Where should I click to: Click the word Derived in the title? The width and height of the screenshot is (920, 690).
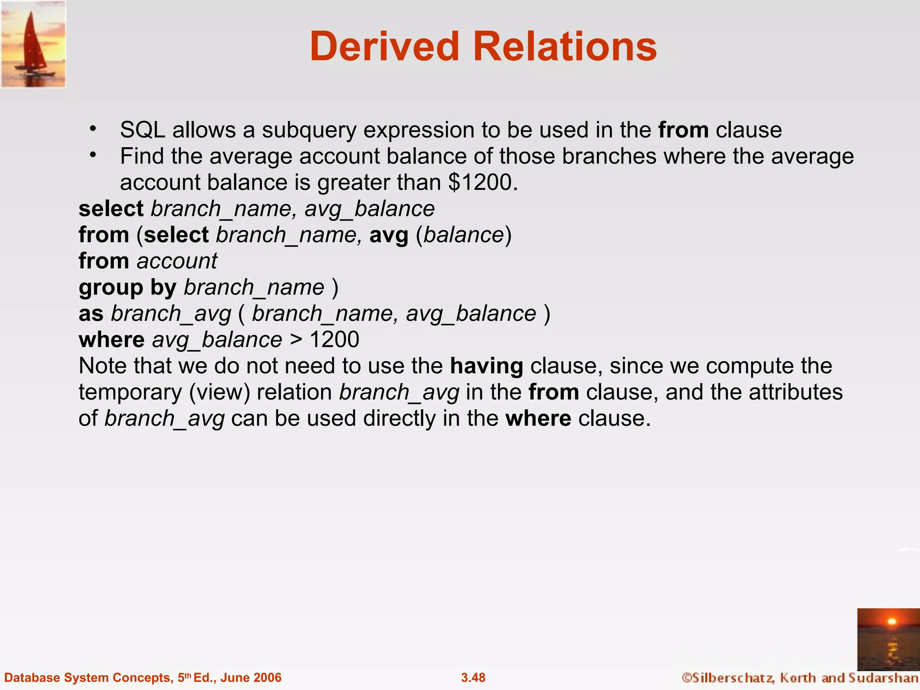(384, 47)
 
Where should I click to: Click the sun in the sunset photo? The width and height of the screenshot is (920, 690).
(892, 622)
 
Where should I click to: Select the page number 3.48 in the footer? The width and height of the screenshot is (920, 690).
(473, 677)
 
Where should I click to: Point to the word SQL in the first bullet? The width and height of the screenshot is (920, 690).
(142, 130)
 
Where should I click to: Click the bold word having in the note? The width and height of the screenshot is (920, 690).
(487, 366)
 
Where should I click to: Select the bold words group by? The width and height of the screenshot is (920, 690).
(127, 287)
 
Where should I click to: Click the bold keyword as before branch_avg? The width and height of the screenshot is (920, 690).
(91, 314)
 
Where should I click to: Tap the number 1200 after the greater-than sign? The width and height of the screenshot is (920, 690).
(334, 340)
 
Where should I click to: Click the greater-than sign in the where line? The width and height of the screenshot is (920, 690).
(296, 340)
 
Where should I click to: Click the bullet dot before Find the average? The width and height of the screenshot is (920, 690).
(93, 155)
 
